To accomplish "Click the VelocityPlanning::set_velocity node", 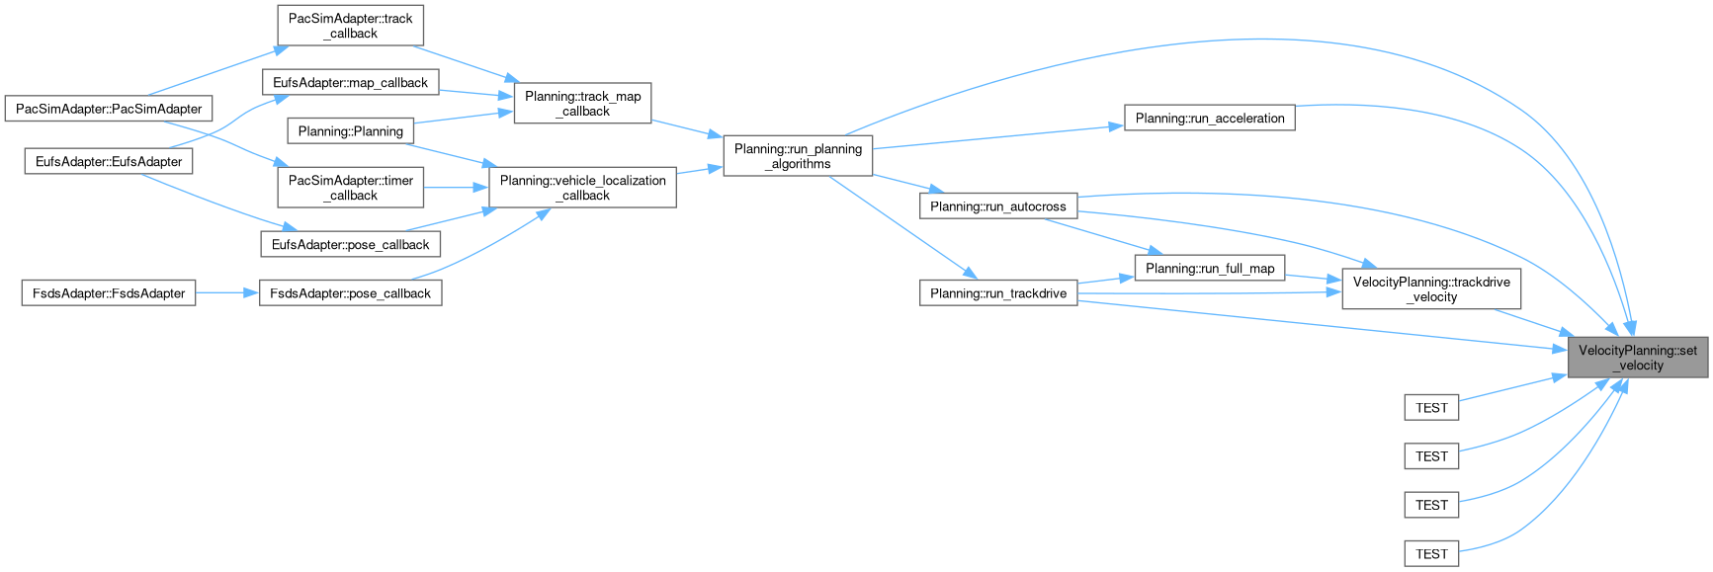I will point(1637,358).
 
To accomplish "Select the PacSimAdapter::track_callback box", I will point(350,26).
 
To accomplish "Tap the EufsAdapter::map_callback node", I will point(350,82).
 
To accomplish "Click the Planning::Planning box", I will point(350,130).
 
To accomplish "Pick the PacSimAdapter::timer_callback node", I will point(350,188).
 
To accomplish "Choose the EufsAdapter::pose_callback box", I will point(350,244).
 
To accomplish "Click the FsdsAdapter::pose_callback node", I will point(350,292).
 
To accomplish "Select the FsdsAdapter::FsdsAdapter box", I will point(109,292).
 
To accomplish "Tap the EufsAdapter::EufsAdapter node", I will point(109,161).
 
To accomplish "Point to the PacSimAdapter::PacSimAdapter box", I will point(109,109).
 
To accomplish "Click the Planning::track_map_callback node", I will point(582,104).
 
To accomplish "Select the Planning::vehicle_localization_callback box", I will point(582,188).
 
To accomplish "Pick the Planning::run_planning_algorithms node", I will point(798,156).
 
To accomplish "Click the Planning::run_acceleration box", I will point(1209,119).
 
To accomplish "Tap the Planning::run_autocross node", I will point(997,206).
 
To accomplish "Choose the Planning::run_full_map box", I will point(1210,268).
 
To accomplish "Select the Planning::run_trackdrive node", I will point(997,292).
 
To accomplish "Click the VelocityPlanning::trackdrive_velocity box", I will point(1430,288).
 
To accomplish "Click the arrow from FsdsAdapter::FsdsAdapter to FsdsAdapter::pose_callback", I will point(227,292).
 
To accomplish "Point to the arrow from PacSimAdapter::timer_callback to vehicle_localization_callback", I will point(456,188).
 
